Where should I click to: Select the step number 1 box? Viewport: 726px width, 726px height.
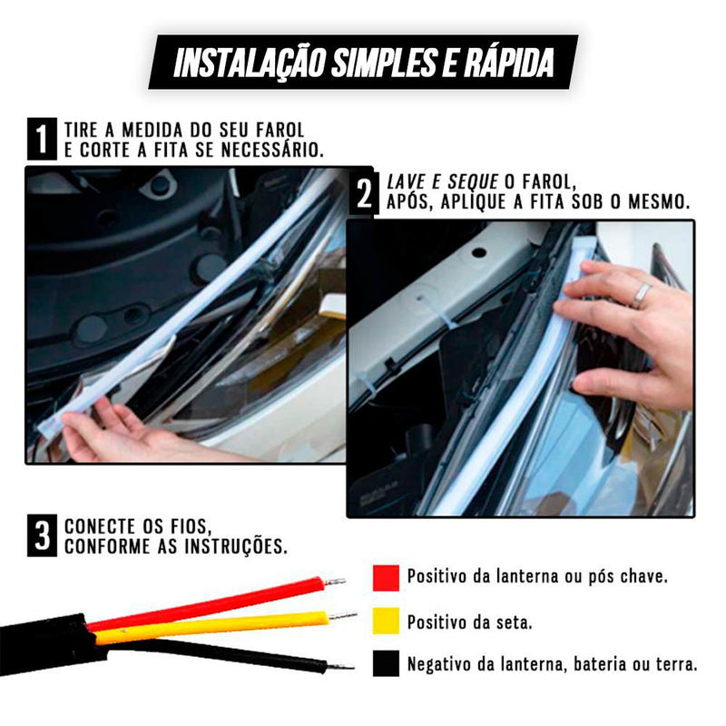click(40, 141)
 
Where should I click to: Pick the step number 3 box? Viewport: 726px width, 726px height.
click(41, 536)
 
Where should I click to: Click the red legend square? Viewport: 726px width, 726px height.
click(386, 577)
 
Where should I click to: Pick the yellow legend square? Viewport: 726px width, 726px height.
click(386, 621)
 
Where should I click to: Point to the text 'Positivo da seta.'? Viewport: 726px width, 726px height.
click(468, 622)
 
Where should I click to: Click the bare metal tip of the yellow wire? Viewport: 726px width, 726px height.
click(343, 616)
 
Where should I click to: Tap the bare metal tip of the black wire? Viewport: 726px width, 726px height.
click(341, 667)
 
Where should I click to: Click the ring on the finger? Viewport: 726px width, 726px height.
click(641, 293)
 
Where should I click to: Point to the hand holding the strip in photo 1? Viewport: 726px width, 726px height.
click(104, 433)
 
